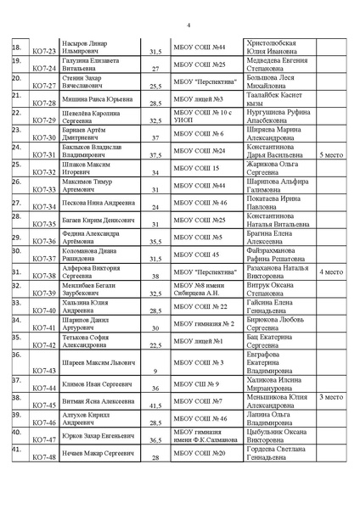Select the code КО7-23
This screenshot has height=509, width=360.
pyautogui.click(x=44, y=52)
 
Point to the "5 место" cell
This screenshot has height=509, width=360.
pyautogui.click(x=331, y=156)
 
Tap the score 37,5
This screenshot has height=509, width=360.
pyautogui.click(x=155, y=156)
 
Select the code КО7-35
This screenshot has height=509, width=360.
pyautogui.click(x=44, y=225)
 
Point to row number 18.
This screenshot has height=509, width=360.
pyautogui.click(x=16, y=46)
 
